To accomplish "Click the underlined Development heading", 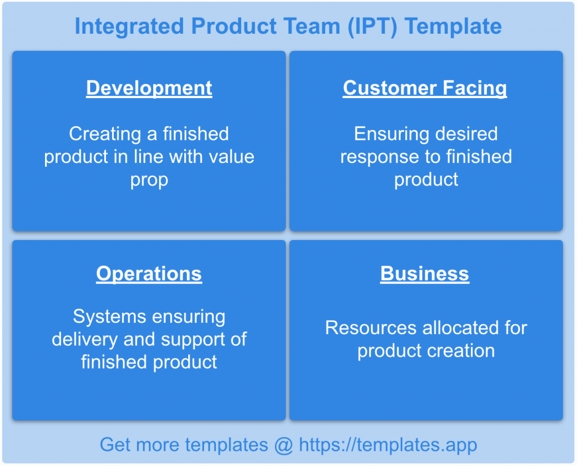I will pos(149,88).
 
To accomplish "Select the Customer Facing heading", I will pos(425,88).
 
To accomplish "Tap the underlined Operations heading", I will pos(149,274).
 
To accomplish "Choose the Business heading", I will pos(425,274).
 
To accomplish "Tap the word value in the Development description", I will pos(229,157).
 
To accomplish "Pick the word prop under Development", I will pos(149,180).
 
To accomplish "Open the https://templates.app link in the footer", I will pos(388,445).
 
